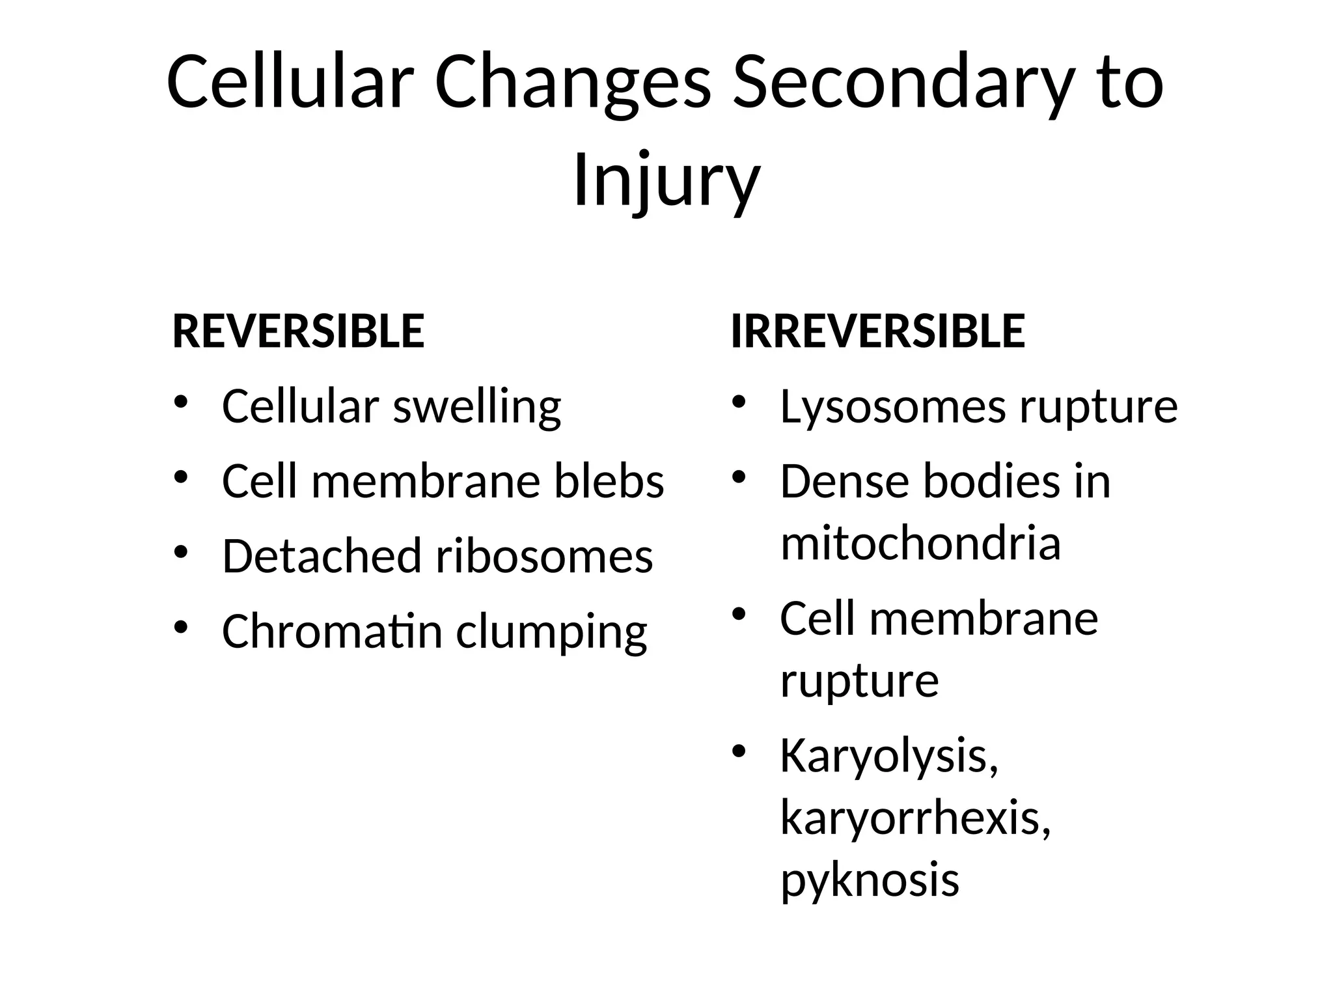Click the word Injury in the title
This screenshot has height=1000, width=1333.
click(x=666, y=179)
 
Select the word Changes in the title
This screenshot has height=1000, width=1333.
click(x=573, y=83)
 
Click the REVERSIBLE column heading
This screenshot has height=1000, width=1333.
click(x=298, y=331)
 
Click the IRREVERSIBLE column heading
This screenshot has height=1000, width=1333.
click(x=877, y=331)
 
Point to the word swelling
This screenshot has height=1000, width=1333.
click(x=476, y=407)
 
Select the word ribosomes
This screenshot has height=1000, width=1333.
click(x=544, y=557)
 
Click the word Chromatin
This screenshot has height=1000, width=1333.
click(x=332, y=632)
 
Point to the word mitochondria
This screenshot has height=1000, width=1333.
click(x=920, y=543)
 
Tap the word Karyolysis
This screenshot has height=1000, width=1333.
click(x=889, y=757)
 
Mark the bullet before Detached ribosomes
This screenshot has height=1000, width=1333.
click(x=181, y=553)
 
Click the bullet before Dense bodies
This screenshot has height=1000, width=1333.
click(x=738, y=478)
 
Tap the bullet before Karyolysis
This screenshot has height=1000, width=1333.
click(x=738, y=752)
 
